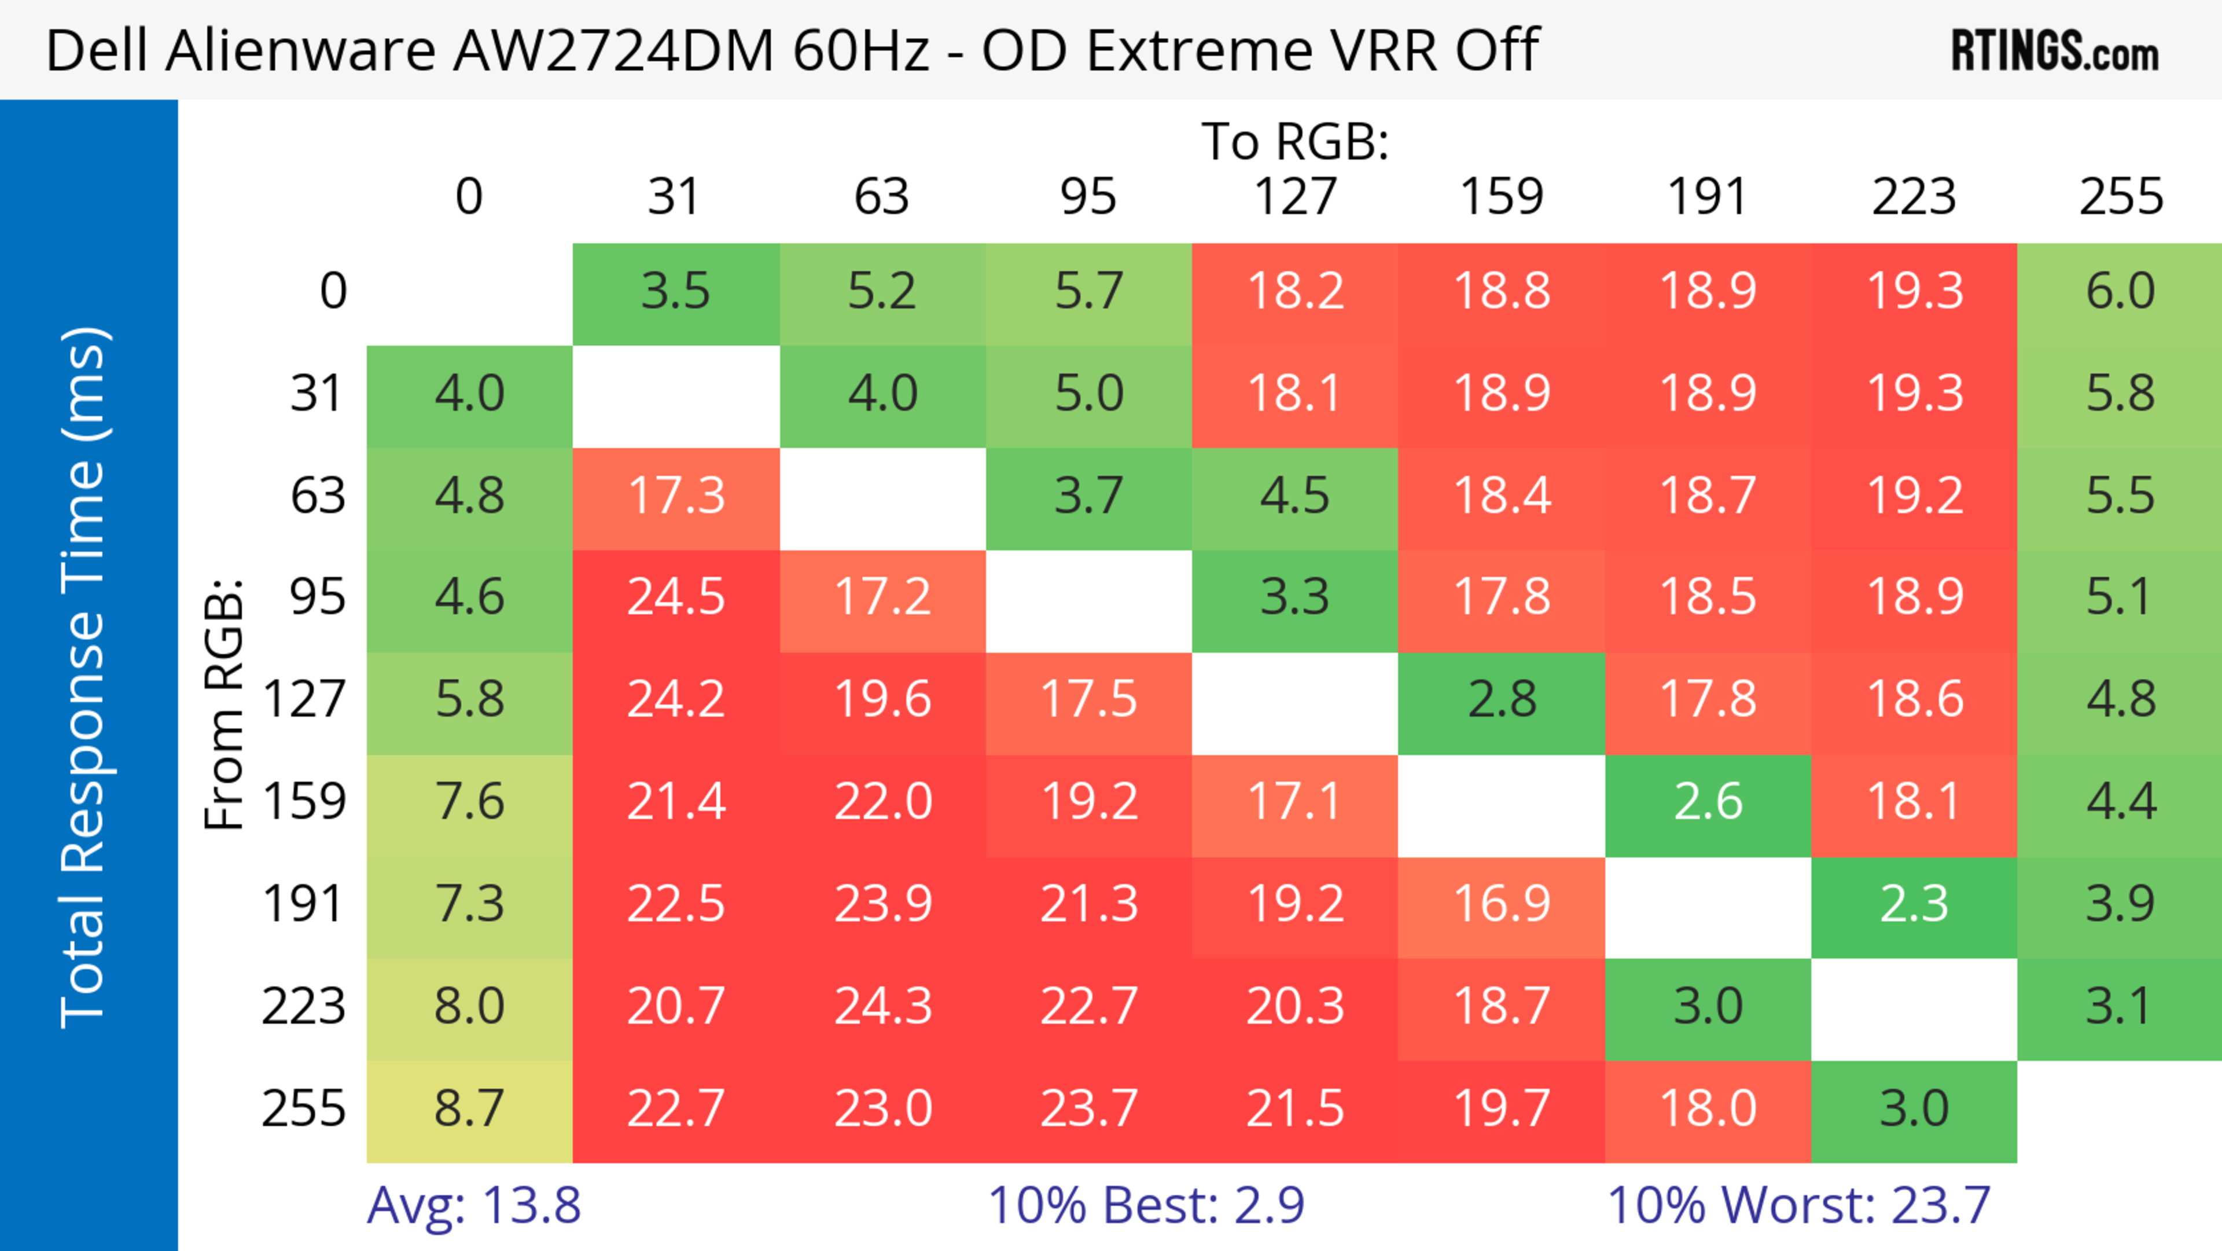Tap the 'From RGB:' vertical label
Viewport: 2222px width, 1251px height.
(225, 703)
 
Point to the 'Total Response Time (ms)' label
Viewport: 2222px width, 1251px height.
(84, 677)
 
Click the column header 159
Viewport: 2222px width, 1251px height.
(1501, 197)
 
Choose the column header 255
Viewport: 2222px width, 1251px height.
(2120, 197)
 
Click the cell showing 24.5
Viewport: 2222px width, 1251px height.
(675, 597)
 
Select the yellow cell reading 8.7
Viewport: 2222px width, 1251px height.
(469, 1109)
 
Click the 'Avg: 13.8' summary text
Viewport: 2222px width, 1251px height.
(473, 1205)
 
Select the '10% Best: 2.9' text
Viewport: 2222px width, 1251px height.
(1146, 1205)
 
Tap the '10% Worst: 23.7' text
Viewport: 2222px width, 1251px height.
(1798, 1205)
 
